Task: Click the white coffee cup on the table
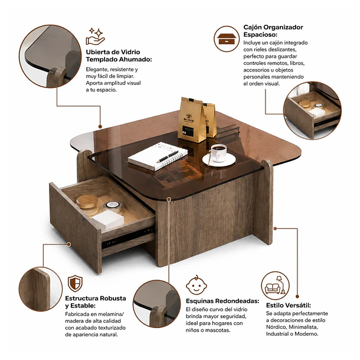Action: pyautogui.click(x=218, y=153)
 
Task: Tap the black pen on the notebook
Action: pyautogui.click(x=168, y=156)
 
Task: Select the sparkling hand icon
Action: pyautogui.click(x=96, y=37)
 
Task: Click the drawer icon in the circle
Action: pyautogui.click(x=227, y=39)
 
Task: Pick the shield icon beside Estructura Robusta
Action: pyautogui.click(x=75, y=283)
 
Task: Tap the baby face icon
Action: pyautogui.click(x=197, y=285)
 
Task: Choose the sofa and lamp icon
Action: pyautogui.click(x=275, y=286)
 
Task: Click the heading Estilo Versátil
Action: pyautogui.click(x=289, y=305)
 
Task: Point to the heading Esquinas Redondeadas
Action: pyautogui.click(x=222, y=301)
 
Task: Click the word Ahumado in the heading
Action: pyautogui.click(x=135, y=60)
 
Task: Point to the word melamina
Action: pyautogui.click(x=110, y=314)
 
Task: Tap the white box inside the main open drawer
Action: pyautogui.click(x=108, y=220)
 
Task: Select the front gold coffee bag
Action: pyautogui.click(x=191, y=120)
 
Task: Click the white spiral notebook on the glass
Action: pyautogui.click(x=158, y=156)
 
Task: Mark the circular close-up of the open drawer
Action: pyautogui.click(x=312, y=110)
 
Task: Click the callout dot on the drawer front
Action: pyautogui.click(x=68, y=244)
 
